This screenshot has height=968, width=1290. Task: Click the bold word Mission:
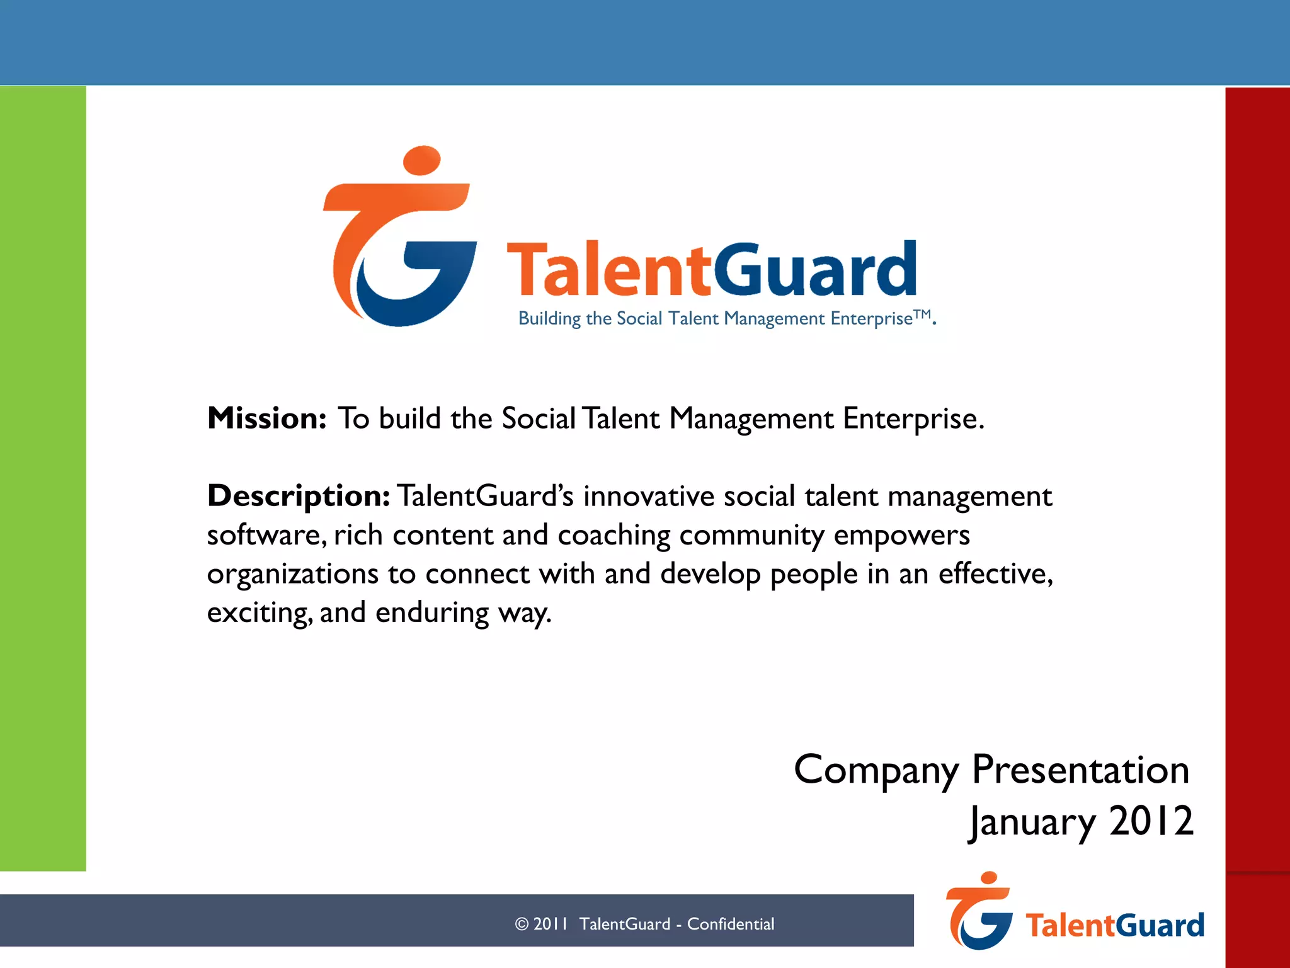[266, 418]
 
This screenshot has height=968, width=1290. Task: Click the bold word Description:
[299, 496]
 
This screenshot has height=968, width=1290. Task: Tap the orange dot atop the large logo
[421, 160]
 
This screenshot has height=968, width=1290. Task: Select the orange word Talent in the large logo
[608, 271]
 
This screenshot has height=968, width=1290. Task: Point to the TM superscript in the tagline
[922, 314]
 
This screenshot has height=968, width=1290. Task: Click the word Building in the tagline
[549, 319]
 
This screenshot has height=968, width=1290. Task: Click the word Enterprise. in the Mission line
[913, 418]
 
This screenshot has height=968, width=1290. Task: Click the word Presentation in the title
[1080, 769]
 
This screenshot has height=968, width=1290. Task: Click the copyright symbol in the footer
[522, 924]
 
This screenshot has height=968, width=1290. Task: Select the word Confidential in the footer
[730, 924]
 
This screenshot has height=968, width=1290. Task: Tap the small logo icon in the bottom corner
[979, 912]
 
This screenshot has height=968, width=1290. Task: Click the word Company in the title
[876, 771]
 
